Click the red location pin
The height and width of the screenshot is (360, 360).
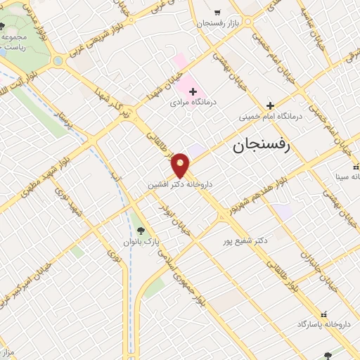point(181,165)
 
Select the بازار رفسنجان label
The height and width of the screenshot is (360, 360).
point(219,23)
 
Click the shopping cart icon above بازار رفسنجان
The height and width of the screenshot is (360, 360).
point(217,12)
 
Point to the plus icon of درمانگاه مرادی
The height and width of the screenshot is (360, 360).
point(193,91)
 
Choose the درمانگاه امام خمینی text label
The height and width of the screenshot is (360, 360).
point(269,117)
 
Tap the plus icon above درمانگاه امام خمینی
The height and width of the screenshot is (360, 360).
point(269,105)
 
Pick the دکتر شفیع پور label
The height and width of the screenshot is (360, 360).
point(243,240)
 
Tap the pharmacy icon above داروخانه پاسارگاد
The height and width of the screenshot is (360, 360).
point(323,314)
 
